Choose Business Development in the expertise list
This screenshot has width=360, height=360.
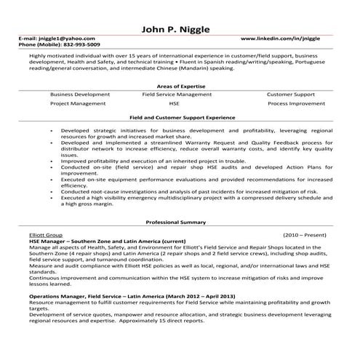coord(82,94)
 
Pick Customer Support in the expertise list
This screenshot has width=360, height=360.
coord(290,94)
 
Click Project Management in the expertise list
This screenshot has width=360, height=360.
coord(77,103)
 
